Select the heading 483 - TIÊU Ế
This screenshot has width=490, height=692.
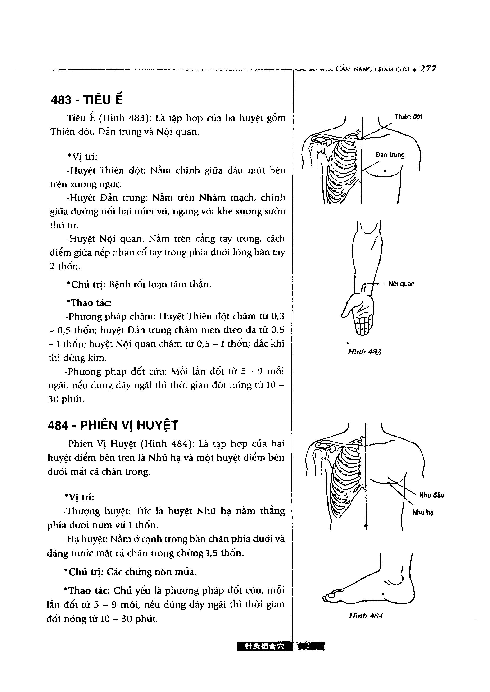click(87, 100)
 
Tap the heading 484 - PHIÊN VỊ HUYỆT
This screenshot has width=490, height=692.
click(113, 425)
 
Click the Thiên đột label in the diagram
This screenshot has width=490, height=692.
click(408, 117)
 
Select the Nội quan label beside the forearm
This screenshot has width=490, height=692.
click(401, 284)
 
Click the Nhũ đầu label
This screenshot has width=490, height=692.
click(431, 495)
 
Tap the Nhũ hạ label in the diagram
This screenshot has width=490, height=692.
click(423, 512)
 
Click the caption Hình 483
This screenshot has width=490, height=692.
click(364, 352)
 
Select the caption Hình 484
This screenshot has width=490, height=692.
click(366, 616)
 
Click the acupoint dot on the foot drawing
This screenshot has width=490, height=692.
click(383, 594)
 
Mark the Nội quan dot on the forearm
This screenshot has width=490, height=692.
click(365, 284)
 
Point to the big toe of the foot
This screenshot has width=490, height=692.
click(331, 596)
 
